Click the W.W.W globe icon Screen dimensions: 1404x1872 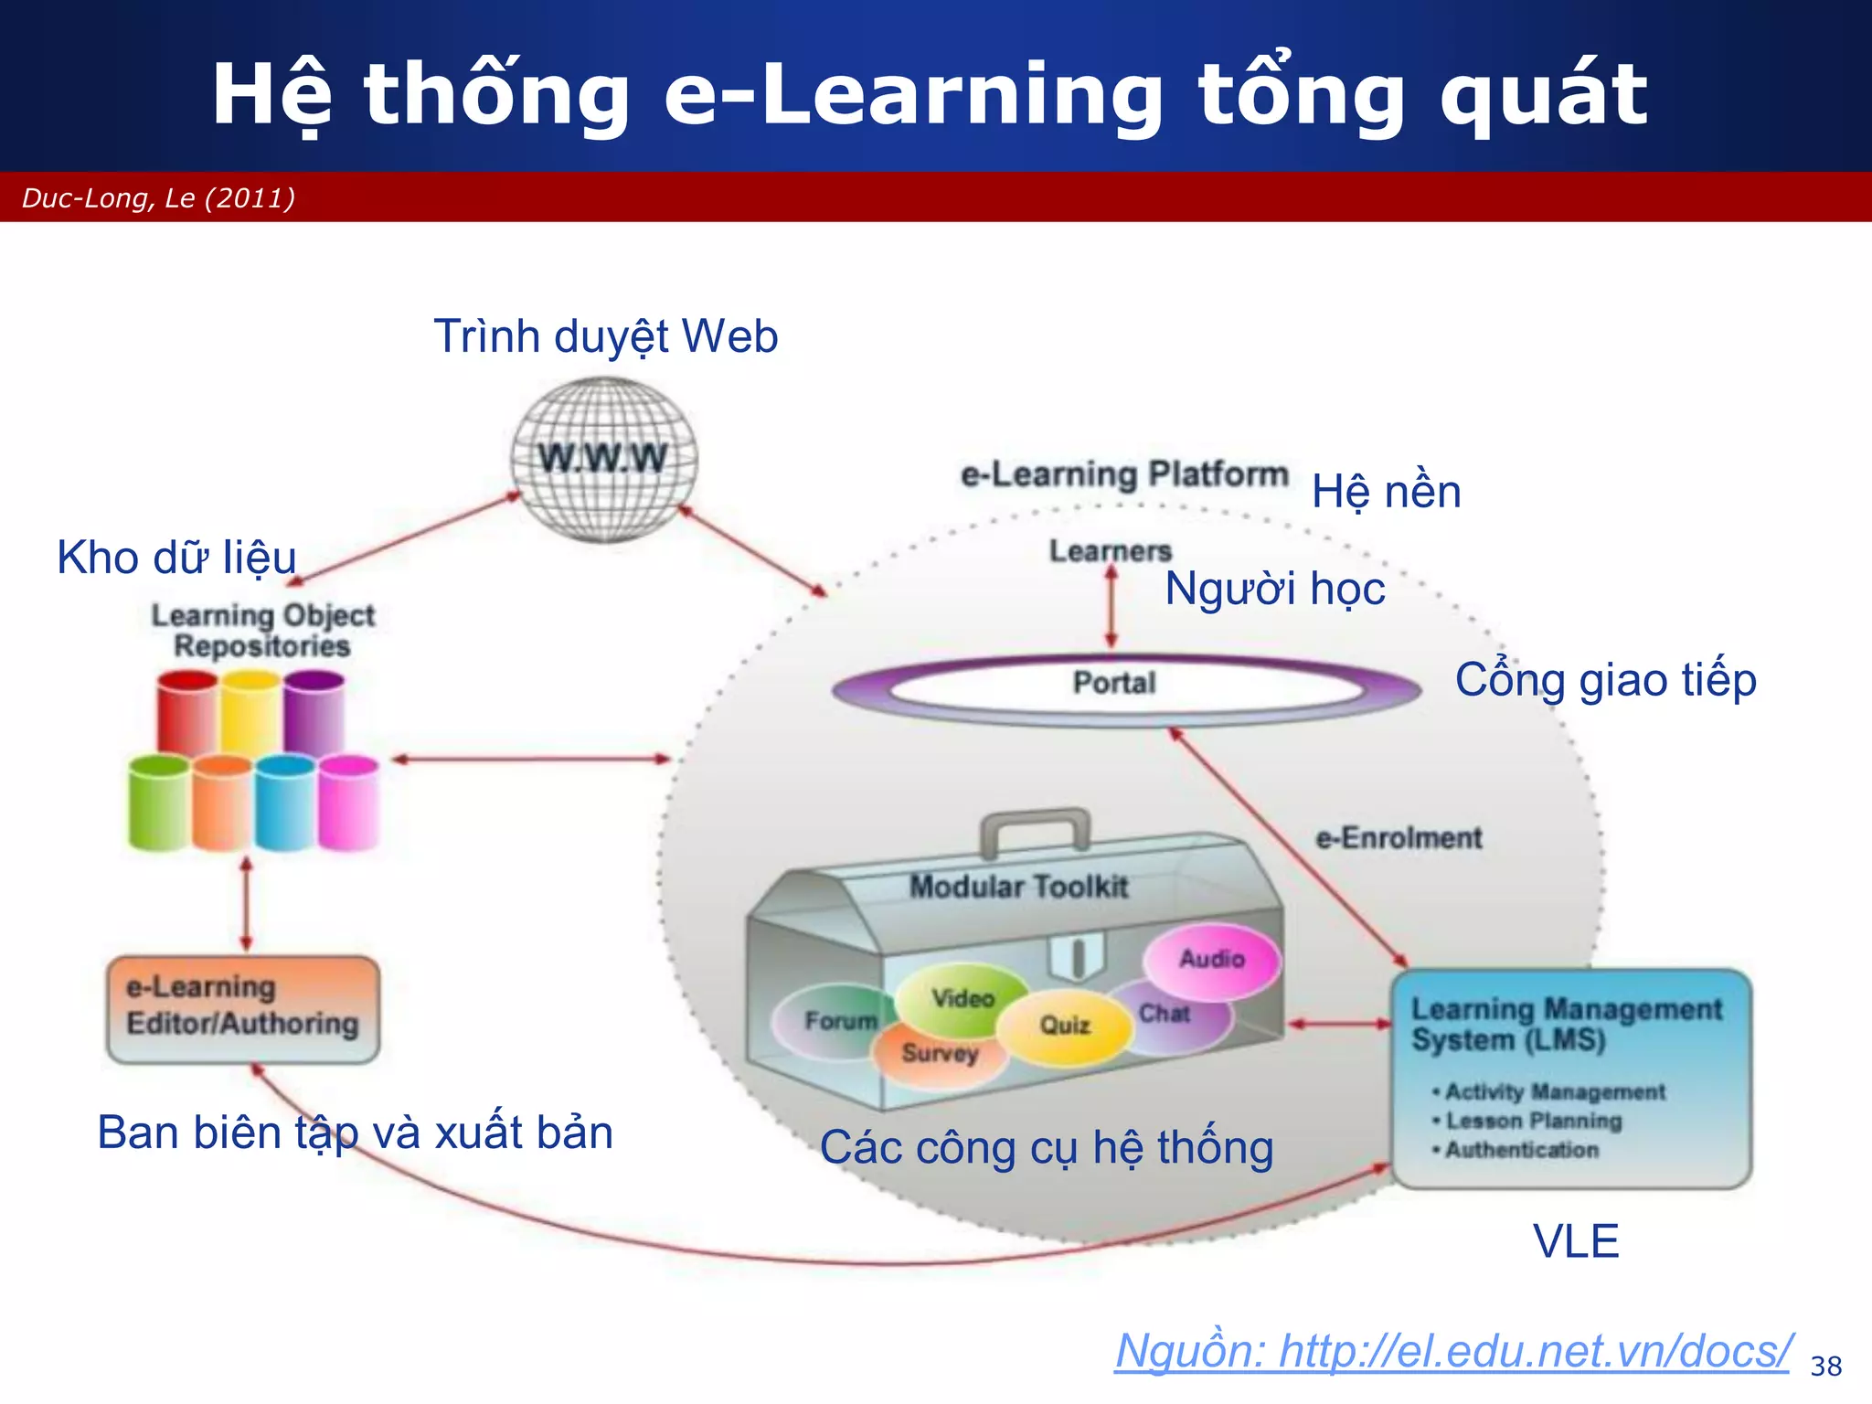coord(603,459)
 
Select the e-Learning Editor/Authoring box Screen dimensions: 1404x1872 coord(243,1009)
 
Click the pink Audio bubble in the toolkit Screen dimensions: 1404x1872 coord(1212,960)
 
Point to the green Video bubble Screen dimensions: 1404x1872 coord(962,998)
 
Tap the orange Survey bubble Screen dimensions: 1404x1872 coord(940,1055)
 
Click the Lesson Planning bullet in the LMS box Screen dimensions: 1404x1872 coord(1534,1122)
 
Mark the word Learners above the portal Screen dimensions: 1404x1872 coord(1110,551)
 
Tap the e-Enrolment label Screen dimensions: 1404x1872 coord(1399,838)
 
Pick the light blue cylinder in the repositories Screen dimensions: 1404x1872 coord(285,802)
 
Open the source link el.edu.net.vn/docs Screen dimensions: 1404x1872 coord(1452,1352)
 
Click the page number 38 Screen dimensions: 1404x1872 coord(1825,1367)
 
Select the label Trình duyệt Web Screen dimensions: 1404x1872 coord(605,337)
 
